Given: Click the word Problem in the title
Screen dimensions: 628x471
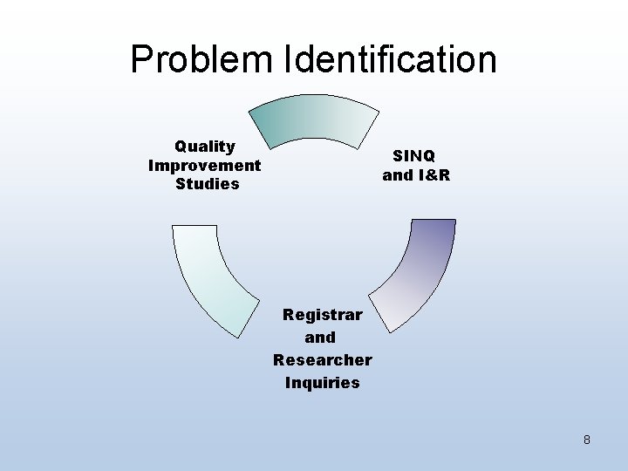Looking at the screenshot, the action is point(201,59).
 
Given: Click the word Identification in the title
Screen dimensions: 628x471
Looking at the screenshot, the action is point(390,59).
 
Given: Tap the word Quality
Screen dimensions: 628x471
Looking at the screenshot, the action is point(205,147).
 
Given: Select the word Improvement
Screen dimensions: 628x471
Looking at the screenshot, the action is point(205,165).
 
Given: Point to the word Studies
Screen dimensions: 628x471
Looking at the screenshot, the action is point(208,184).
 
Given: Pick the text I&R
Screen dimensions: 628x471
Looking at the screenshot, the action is point(433,174).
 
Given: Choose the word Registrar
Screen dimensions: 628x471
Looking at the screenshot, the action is point(323,314).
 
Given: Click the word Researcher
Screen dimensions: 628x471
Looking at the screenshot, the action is point(323,359).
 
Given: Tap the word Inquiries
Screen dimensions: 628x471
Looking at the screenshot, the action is point(323,382).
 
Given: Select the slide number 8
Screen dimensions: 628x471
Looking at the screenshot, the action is point(587,440).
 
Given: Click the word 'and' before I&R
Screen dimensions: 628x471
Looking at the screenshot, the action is point(398,174).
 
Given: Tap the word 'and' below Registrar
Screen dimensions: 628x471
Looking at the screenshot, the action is point(320,337).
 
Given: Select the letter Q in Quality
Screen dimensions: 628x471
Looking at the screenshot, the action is point(181,147).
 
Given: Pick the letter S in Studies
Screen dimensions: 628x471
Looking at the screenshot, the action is point(181,184).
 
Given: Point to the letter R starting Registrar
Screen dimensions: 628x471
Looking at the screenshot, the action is point(289,314).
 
